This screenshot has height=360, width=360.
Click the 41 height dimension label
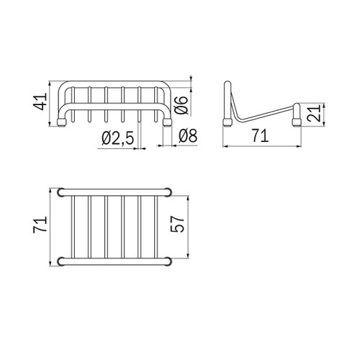[40, 102]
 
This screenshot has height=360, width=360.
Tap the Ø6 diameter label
[181, 105]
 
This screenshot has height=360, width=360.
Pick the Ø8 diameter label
[188, 136]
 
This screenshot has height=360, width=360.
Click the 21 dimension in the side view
[314, 113]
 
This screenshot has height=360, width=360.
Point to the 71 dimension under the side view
[260, 136]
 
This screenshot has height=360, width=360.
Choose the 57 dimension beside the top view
[177, 224]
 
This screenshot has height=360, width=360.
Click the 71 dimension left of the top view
[40, 225]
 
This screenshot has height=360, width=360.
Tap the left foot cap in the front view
[62, 122]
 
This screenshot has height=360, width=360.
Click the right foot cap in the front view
[167, 122]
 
